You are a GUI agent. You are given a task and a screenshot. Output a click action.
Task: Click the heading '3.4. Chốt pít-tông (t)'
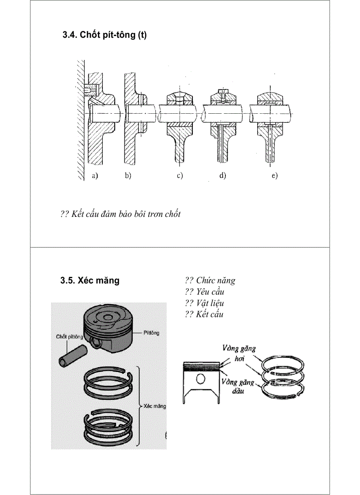coord(105,35)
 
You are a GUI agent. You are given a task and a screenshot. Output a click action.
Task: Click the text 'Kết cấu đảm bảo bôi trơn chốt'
coord(125,215)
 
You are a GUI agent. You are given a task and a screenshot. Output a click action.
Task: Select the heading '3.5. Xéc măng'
coord(90,281)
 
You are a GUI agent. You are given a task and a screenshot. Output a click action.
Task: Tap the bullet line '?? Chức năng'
coord(210,280)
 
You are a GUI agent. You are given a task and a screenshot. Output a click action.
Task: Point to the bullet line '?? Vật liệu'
coord(204,303)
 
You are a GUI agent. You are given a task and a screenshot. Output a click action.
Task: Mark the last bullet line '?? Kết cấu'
coord(204,314)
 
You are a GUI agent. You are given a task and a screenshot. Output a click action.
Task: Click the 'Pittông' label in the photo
coord(151,333)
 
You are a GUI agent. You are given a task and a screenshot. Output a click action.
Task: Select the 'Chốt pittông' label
coord(69,337)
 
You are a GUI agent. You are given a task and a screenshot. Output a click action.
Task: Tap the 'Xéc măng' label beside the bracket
coord(155,406)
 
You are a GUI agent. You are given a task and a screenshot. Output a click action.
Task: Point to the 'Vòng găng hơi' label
coord(239,353)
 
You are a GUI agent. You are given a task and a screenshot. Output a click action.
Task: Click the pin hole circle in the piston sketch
coord(201,380)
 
